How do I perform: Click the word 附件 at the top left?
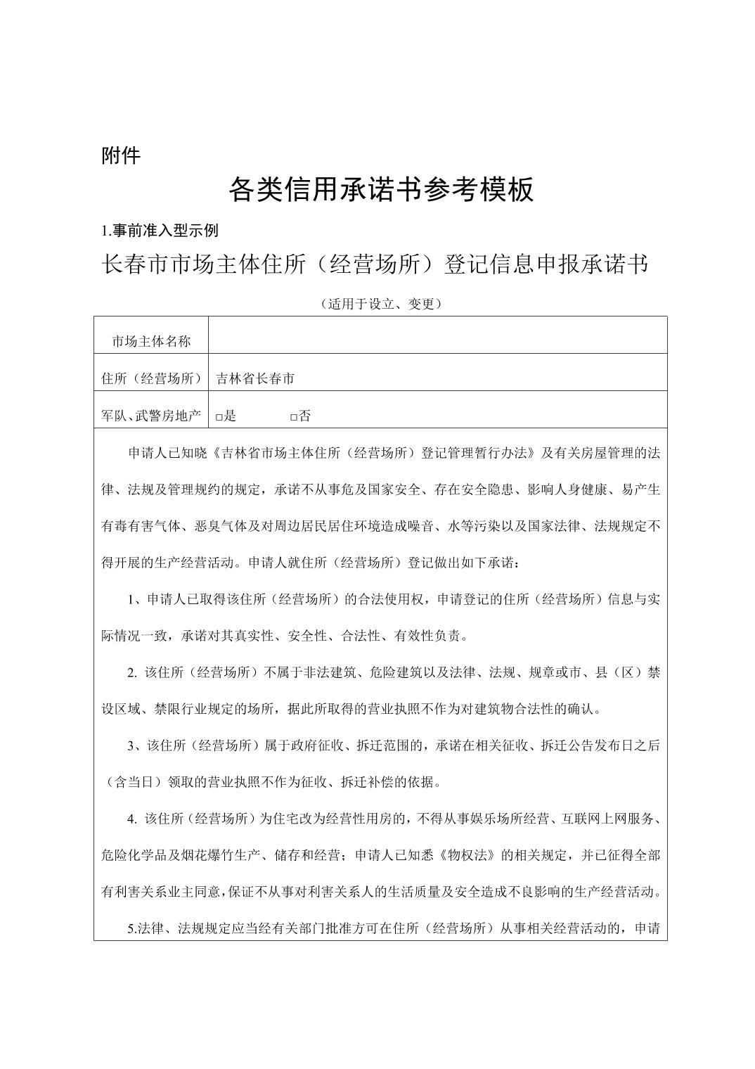click(x=121, y=155)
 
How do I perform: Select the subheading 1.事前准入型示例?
click(x=160, y=231)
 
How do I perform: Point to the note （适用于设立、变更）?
click(x=380, y=304)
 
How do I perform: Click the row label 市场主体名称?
click(x=151, y=341)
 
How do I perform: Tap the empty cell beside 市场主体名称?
click(x=437, y=335)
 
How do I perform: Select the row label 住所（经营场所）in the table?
click(x=151, y=378)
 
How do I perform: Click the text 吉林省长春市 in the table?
click(x=255, y=378)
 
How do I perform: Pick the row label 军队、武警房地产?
click(x=151, y=416)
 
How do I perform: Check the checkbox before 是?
click(x=219, y=417)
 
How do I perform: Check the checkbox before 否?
click(x=294, y=417)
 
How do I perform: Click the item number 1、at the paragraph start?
click(x=136, y=599)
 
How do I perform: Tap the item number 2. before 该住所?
click(x=133, y=672)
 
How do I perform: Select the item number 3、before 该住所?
click(x=136, y=745)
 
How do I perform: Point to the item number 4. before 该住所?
click(x=133, y=819)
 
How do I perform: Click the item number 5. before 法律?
click(x=133, y=928)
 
